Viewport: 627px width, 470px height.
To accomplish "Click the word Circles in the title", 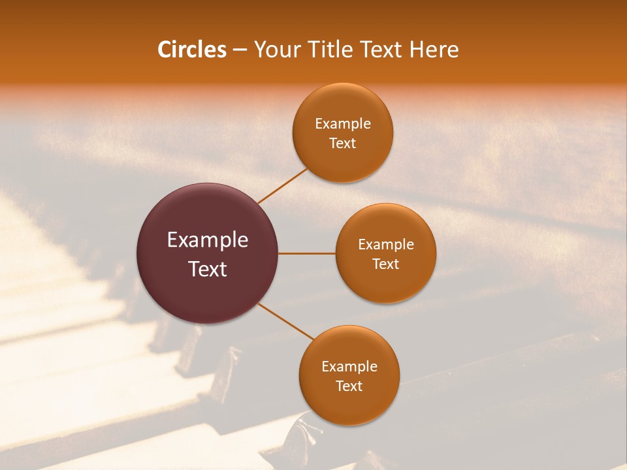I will pos(192,50).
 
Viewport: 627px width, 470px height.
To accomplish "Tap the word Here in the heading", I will pos(434,50).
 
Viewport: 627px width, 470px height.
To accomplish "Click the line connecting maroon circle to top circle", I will pos(283,185).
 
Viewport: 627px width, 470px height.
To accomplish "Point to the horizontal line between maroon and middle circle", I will pos(307,253).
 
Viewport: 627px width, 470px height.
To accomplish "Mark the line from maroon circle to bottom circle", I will pos(286,321).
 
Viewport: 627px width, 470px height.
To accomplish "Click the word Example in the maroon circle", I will pos(208,240).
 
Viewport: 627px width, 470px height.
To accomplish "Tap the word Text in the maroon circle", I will pos(208,269).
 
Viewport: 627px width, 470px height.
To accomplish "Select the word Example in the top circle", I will pos(343,123).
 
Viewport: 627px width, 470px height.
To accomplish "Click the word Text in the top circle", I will pos(343,143).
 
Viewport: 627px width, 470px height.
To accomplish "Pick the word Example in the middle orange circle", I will pos(386,244).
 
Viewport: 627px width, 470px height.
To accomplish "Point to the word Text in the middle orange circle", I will pos(386,264).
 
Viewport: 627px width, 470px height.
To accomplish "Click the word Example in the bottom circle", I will pos(349,366).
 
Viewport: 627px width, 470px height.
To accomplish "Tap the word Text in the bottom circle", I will pos(349,386).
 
